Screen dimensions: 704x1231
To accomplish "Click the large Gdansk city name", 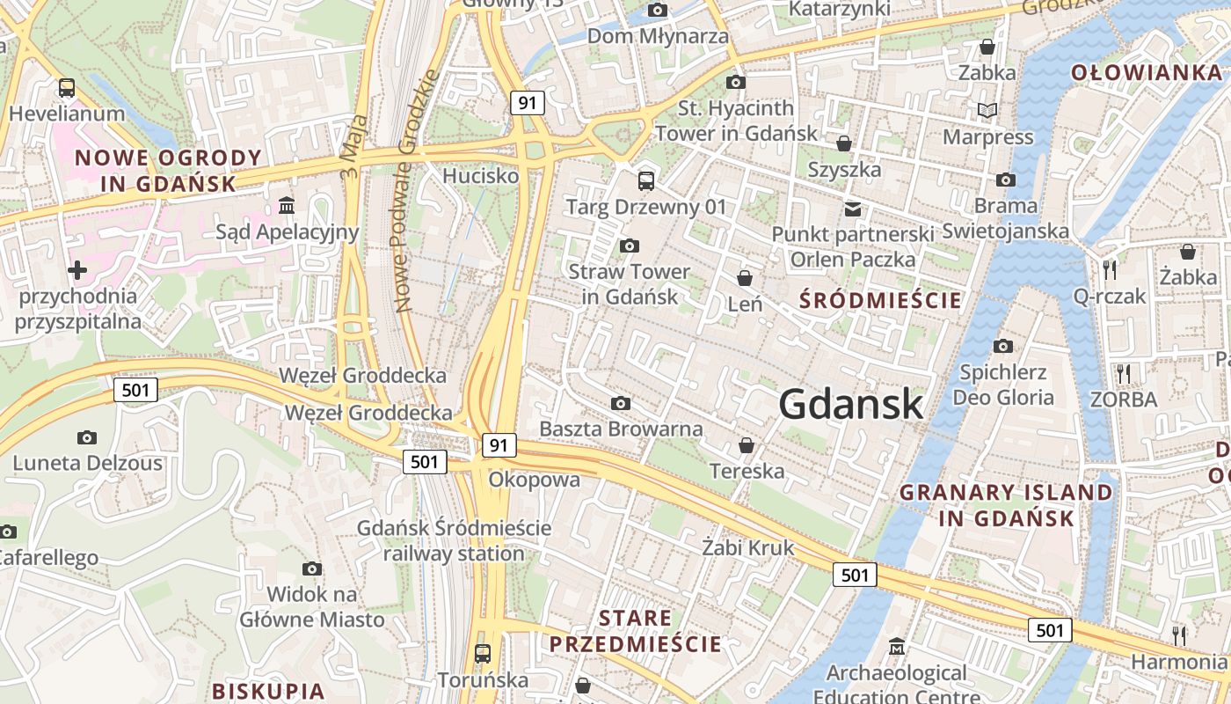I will [x=850, y=405].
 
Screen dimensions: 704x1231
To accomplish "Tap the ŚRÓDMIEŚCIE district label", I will [x=880, y=300].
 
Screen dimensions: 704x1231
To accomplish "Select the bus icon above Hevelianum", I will [x=66, y=88].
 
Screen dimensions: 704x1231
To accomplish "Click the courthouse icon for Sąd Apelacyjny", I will [x=287, y=206].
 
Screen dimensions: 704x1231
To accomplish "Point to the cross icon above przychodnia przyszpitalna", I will [x=77, y=269].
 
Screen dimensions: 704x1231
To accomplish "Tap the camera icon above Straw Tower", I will [x=629, y=246].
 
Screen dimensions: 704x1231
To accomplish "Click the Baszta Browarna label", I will [x=621, y=429].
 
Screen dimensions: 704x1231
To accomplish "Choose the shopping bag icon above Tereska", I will [x=747, y=445].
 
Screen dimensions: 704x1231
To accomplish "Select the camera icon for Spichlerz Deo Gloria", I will [x=1002, y=346].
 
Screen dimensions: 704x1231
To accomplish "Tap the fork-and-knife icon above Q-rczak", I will [x=1110, y=269].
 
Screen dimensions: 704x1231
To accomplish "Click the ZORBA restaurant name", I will [x=1124, y=400].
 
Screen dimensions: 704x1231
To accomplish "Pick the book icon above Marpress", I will [x=987, y=110].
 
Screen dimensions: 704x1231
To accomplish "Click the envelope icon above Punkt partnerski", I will [x=852, y=209].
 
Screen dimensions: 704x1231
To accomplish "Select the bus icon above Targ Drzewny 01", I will [x=646, y=181].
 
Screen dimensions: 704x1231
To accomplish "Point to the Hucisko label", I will [x=480, y=176].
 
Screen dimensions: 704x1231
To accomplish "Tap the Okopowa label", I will [x=535, y=480].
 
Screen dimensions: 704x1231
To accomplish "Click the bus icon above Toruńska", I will [x=482, y=654].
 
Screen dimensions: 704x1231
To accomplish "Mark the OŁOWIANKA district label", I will [x=1146, y=73].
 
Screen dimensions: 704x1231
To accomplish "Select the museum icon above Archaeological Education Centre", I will [x=896, y=647].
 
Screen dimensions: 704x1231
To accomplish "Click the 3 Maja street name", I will [x=354, y=146].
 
